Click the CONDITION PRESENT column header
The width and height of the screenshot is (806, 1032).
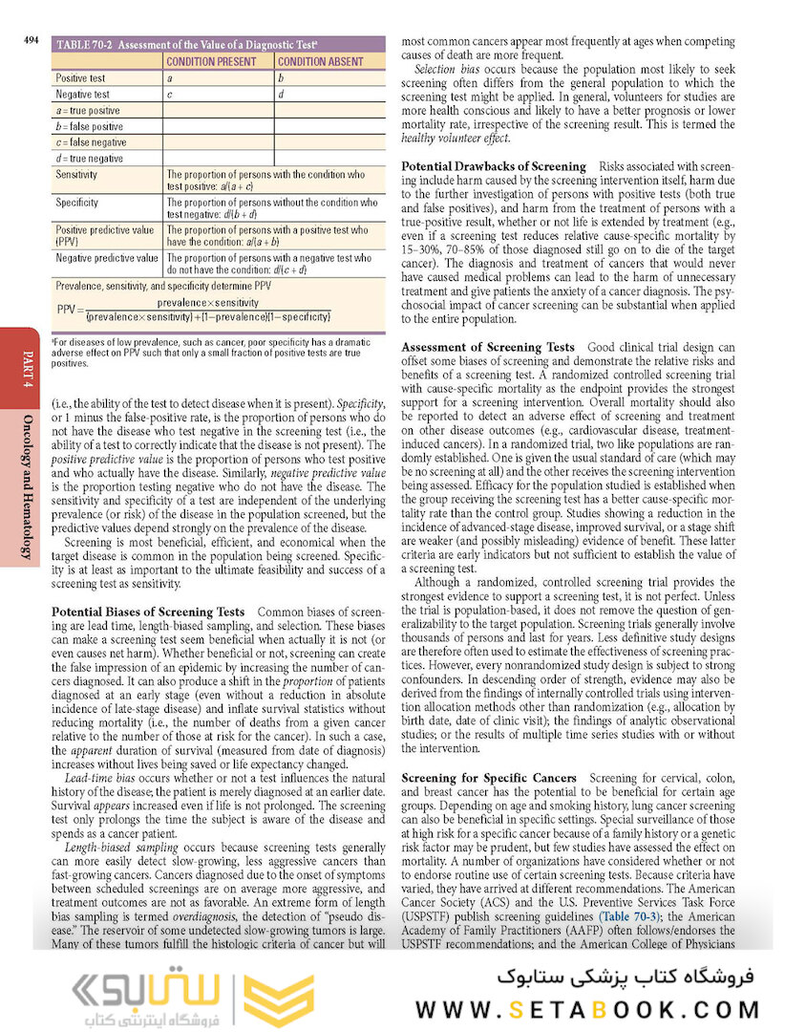[x=218, y=61]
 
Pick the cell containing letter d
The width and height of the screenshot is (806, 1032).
[x=281, y=95]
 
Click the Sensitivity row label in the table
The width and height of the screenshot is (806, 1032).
[x=77, y=176]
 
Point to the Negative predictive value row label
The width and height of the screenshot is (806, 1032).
[x=107, y=258]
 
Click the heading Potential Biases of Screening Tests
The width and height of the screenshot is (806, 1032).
[x=148, y=611]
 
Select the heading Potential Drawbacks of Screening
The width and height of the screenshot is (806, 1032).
[x=494, y=165]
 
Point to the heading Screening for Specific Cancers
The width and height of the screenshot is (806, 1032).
[x=489, y=779]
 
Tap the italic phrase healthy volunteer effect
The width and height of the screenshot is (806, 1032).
[x=456, y=139]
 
